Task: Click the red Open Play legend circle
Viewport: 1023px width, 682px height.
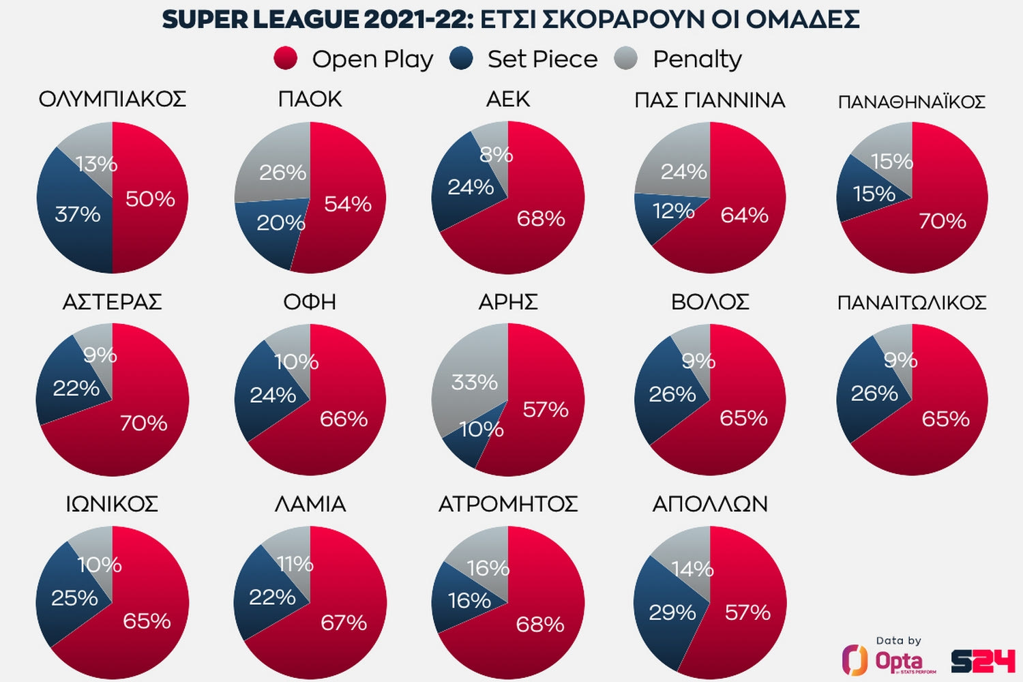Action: [x=285, y=59]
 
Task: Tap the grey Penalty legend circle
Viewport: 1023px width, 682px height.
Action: [x=625, y=59]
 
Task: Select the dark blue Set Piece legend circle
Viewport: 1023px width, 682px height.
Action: [x=462, y=59]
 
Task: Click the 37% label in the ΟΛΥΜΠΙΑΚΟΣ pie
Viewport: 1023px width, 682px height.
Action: [x=78, y=214]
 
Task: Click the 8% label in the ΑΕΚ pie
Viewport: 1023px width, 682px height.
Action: [x=496, y=155]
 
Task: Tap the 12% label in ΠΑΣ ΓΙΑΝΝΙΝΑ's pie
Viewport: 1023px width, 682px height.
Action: [x=673, y=211]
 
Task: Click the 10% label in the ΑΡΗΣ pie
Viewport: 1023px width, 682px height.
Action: [x=481, y=429]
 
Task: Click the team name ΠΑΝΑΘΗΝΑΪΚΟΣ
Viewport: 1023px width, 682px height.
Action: [x=912, y=102]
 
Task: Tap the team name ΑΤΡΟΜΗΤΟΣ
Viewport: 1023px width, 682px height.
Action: [x=508, y=504]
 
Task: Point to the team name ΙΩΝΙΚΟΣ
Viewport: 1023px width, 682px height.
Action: [x=112, y=504]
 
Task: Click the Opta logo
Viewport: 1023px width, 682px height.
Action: [x=890, y=659]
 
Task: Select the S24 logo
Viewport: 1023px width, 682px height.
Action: [x=983, y=661]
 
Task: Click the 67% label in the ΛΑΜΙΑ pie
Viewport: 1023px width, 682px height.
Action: [x=344, y=623]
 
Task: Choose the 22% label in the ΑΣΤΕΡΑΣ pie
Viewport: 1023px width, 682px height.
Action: [x=76, y=388]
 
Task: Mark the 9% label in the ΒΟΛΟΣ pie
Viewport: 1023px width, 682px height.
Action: [x=698, y=361]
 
